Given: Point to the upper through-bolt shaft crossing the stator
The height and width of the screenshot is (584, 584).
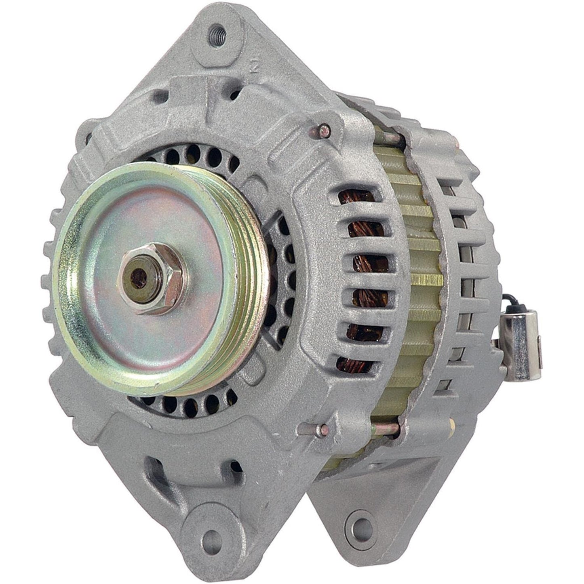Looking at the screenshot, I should [388, 139].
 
